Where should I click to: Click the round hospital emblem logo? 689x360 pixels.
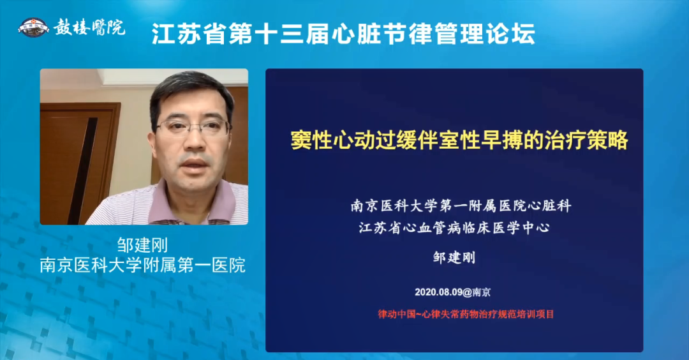[x=33, y=27]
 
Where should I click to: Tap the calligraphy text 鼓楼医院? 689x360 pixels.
[x=89, y=27]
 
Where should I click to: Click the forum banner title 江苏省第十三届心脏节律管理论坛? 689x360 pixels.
[x=343, y=34]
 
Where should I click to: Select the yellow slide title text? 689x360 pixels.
[x=459, y=140]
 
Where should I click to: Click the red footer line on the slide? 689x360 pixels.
[x=466, y=314]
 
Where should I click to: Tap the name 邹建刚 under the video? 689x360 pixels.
[x=142, y=245]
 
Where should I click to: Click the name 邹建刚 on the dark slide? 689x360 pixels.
[x=454, y=257]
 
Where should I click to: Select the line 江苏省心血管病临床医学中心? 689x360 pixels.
[x=454, y=228]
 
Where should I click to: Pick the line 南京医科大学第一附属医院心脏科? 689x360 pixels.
[x=461, y=206]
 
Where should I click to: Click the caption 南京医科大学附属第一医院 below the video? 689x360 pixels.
[x=142, y=266]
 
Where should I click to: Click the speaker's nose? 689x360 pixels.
[x=194, y=142]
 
